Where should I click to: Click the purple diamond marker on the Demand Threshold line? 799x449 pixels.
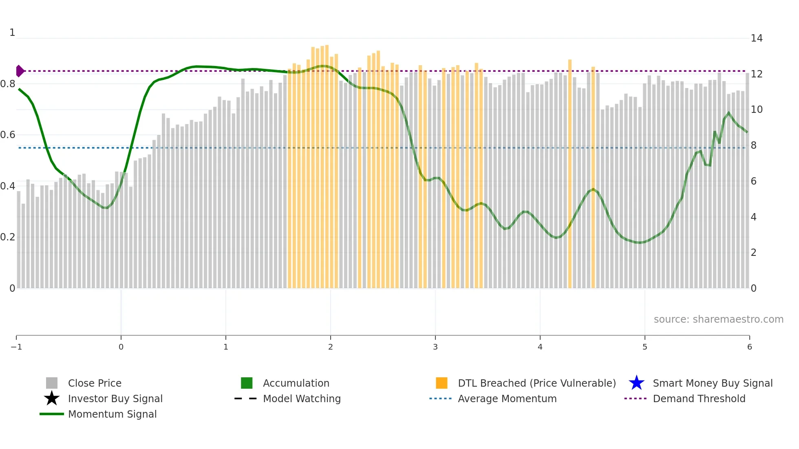point(20,71)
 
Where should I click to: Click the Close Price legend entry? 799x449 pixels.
point(94,383)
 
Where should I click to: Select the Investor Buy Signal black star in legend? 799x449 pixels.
point(52,398)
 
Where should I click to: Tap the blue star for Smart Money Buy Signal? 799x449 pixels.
point(636,383)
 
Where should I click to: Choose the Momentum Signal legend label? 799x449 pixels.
point(112,414)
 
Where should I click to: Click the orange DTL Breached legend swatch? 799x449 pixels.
point(441,383)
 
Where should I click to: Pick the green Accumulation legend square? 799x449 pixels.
point(247,383)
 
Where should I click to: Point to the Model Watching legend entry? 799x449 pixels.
point(301,398)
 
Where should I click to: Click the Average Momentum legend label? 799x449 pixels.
point(507,398)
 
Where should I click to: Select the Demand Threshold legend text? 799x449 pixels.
point(699,398)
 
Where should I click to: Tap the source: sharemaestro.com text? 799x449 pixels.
point(718,319)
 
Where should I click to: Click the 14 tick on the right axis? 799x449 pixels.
point(756,38)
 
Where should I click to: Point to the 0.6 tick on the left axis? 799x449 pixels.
point(8,135)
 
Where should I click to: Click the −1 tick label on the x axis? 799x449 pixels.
point(16,347)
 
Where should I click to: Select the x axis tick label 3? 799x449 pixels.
point(435,347)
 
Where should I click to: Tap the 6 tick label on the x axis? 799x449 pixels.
point(749,347)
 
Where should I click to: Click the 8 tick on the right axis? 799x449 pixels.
point(753,145)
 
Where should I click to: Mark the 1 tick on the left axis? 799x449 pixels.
point(12,33)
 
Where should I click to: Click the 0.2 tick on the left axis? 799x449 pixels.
point(8,237)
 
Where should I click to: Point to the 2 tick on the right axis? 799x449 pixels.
point(753,253)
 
